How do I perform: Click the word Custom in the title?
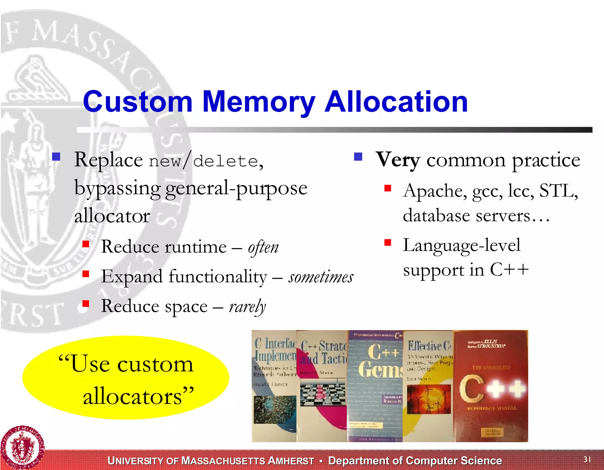pos(138,101)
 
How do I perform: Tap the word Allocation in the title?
pos(396,101)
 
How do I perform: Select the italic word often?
pos(263,247)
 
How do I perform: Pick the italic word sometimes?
pos(321,277)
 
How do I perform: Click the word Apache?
pos(435,191)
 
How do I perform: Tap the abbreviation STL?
pos(557,191)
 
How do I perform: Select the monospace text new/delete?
pos(203,161)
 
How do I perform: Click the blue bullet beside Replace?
pos(56,156)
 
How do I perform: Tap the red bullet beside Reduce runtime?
pos(86,244)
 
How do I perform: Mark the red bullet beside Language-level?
pos(388,243)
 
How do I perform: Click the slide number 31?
pos(587,459)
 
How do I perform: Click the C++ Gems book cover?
pos(375,386)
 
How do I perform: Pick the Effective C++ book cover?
pos(428,386)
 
